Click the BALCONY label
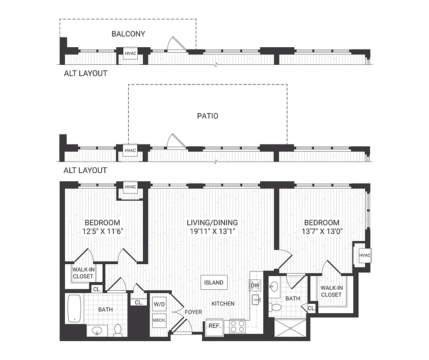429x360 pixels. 128,34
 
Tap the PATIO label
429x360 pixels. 208,116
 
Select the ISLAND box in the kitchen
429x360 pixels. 214,283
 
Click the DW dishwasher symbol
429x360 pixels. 254,285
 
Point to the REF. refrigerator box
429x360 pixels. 213,326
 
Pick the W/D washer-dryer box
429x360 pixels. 159,304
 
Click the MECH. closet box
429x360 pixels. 159,320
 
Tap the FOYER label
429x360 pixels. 194,312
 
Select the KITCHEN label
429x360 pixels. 223,304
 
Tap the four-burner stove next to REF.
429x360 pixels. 238,326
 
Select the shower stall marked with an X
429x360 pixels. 290,329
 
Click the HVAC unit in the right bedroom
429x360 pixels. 364,256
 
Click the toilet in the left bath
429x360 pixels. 118,330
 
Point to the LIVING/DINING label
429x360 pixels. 212,223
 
